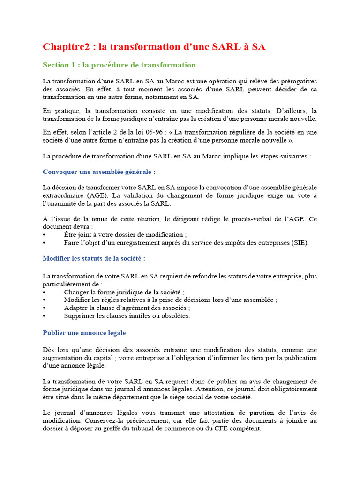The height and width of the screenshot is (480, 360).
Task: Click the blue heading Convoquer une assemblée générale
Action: click(x=99, y=172)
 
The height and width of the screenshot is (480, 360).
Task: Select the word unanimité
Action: click(x=67, y=203)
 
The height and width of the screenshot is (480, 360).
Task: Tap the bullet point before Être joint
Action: click(x=45, y=235)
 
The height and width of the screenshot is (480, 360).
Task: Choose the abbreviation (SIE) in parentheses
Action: click(x=300, y=243)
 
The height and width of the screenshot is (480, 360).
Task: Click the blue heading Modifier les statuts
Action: click(x=94, y=258)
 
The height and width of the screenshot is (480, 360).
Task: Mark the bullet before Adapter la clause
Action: click(x=45, y=308)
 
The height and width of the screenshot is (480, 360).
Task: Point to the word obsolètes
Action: click(x=174, y=315)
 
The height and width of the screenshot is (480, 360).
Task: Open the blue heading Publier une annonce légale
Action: click(x=84, y=333)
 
